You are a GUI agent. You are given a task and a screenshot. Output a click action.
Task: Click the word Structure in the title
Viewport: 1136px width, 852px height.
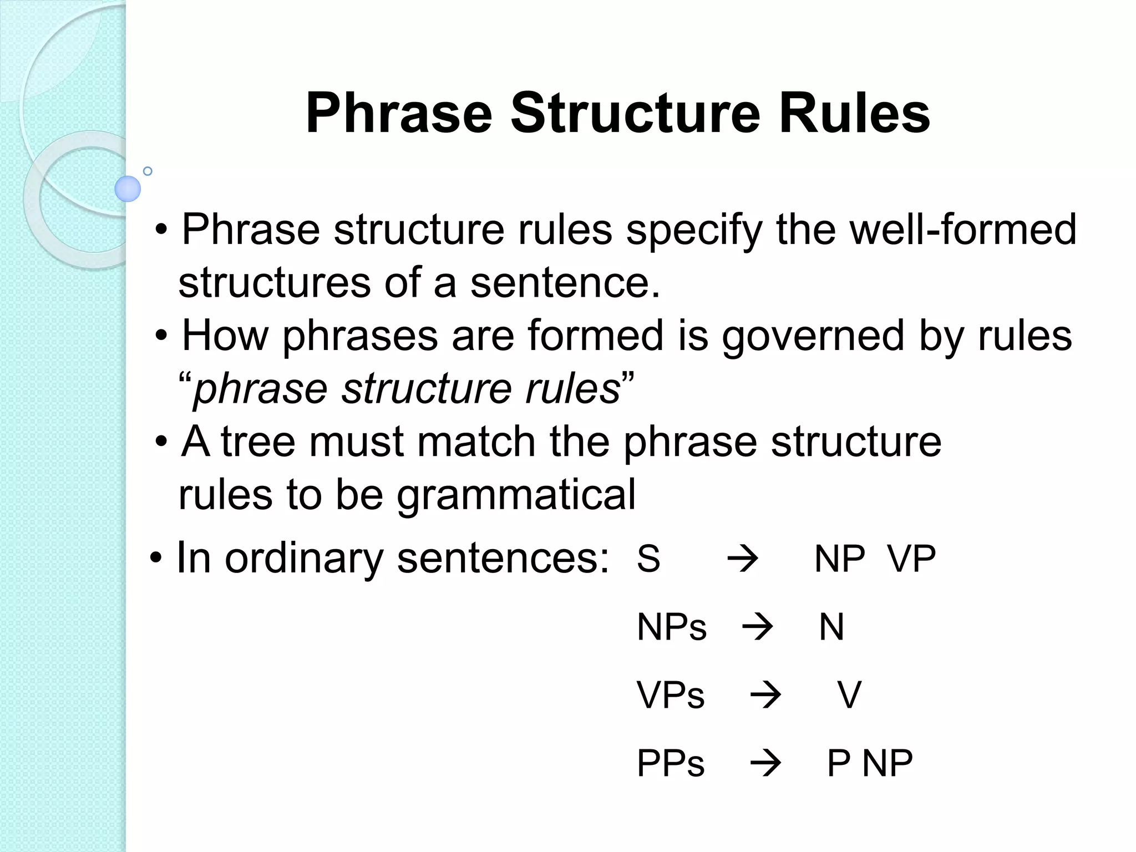click(x=635, y=114)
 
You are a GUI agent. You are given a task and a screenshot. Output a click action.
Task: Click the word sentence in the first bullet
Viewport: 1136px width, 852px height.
click(x=565, y=282)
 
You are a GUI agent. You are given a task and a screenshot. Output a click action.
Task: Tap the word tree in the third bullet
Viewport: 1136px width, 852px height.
click(x=258, y=442)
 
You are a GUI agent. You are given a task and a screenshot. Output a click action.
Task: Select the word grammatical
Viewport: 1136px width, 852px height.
click(x=516, y=495)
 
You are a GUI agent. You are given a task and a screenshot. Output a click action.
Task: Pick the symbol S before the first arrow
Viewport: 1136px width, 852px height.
click(x=648, y=559)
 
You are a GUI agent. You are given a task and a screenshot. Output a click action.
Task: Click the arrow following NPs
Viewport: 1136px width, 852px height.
click(x=757, y=627)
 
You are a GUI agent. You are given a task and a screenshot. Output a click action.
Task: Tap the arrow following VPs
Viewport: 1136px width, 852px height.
click(x=765, y=696)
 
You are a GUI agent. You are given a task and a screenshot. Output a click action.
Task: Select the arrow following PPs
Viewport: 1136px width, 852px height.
click(x=765, y=764)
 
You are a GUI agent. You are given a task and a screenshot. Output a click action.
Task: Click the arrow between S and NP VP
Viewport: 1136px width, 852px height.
click(x=742, y=559)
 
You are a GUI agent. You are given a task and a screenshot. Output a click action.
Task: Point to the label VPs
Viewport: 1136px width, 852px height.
click(x=671, y=696)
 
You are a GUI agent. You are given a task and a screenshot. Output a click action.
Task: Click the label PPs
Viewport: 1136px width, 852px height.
click(x=671, y=764)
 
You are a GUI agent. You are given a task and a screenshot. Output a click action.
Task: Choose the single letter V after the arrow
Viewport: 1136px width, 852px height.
click(x=849, y=696)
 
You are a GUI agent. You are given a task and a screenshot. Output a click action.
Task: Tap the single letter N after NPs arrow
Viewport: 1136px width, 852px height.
click(x=831, y=627)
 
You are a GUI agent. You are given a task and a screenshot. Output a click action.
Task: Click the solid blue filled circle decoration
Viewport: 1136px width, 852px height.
click(x=128, y=189)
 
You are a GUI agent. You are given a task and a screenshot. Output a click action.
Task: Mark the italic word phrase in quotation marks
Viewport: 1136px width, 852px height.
click(x=260, y=389)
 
